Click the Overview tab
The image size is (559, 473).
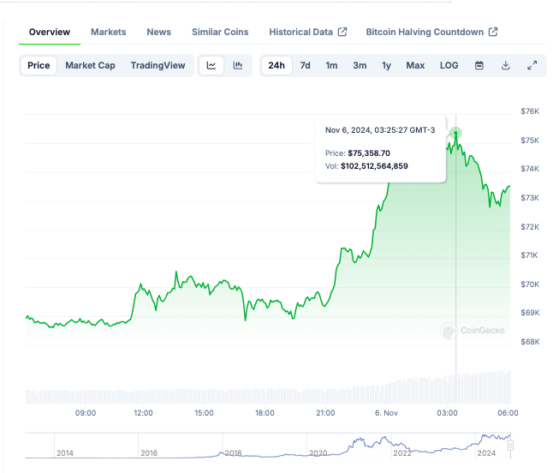[x=50, y=32]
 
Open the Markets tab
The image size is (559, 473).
[x=108, y=32]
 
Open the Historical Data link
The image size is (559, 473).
[x=307, y=32]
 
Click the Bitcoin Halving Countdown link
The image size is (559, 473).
[x=431, y=32]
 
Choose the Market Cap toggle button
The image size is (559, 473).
[x=90, y=65]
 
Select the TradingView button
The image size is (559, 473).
[x=158, y=65]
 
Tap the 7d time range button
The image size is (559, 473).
[x=305, y=65]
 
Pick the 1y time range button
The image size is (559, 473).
[x=386, y=65]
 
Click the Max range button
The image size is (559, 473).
[x=415, y=65]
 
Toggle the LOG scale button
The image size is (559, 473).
[x=449, y=65]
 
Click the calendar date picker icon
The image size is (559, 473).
[x=479, y=65]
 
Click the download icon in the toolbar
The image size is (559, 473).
[x=506, y=65]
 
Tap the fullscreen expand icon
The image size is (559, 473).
[x=532, y=65]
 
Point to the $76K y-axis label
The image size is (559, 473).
[x=529, y=111]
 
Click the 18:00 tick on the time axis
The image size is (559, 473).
[x=265, y=413]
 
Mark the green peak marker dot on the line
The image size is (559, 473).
[x=456, y=133]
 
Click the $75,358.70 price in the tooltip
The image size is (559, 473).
[x=369, y=153]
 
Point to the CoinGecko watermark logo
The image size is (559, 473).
[x=473, y=331]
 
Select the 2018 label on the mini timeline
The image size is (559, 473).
[x=234, y=452]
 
